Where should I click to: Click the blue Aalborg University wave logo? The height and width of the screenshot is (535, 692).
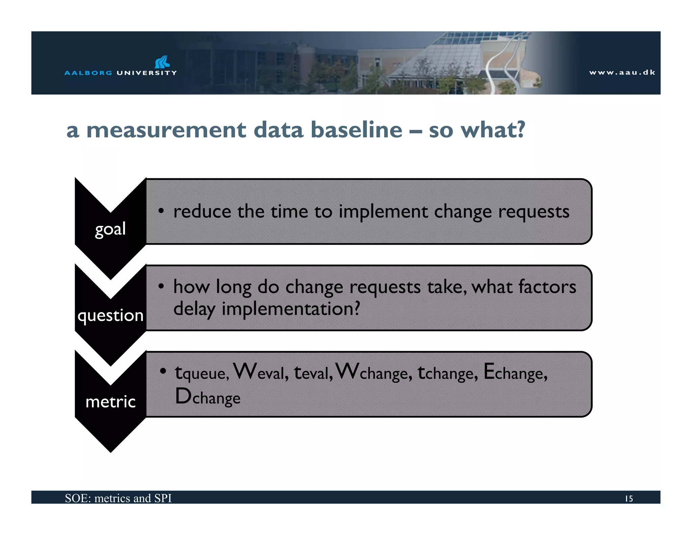coord(162,62)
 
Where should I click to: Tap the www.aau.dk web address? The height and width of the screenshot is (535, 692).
coord(622,72)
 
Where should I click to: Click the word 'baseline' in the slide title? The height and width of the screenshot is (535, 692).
coord(356,130)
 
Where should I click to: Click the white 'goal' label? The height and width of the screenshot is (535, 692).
coord(110,229)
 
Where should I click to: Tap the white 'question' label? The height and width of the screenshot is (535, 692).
coord(110,316)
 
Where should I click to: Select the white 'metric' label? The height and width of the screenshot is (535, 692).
coord(110,402)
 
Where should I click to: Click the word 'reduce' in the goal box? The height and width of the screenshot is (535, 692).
coord(202,212)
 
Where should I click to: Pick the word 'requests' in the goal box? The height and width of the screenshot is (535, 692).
coord(534,212)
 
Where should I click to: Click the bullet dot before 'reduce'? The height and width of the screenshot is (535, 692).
coord(162,211)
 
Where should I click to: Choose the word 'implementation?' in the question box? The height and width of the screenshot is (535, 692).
coord(291,309)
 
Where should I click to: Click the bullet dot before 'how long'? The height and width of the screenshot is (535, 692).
coord(162,286)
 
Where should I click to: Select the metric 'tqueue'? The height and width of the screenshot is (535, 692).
coord(202,373)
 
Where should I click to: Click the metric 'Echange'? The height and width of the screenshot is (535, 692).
coord(515,373)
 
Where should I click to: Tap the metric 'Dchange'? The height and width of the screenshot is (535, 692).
coord(207,397)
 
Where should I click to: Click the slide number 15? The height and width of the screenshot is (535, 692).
coord(628,498)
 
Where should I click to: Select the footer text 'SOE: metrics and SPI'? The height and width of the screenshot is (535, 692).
coord(118,498)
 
